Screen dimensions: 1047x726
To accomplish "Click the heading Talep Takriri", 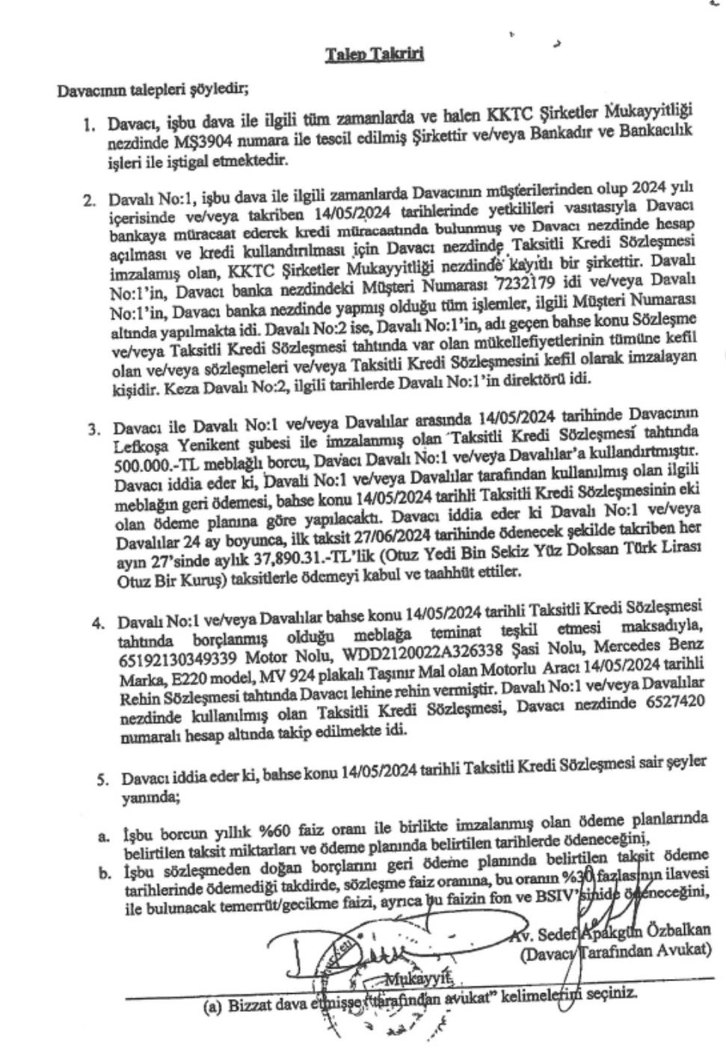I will (375, 55).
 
